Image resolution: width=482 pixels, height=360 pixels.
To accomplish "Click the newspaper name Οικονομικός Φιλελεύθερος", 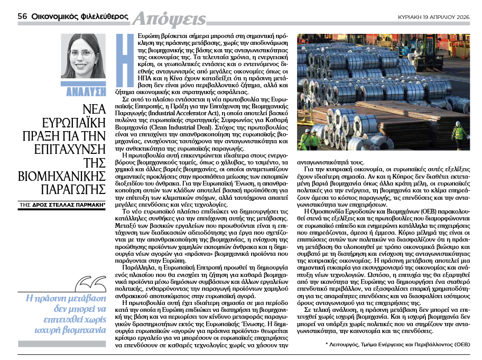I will tap(79, 16).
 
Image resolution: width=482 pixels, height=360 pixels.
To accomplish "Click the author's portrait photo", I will tap(83, 59).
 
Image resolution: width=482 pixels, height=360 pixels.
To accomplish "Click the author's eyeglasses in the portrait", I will tap(82, 53).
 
